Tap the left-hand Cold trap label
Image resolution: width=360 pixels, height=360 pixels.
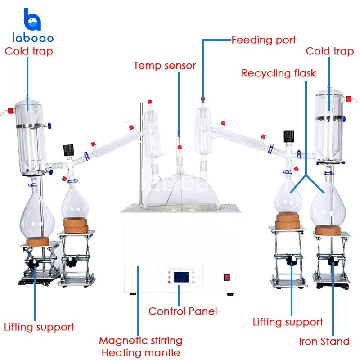point(29,51)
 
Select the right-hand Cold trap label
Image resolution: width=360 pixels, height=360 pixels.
point(330,51)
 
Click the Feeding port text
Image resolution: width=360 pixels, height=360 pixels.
point(264,40)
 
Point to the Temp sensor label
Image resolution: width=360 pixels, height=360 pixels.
point(165,66)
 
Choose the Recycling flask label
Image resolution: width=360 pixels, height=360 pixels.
point(279,73)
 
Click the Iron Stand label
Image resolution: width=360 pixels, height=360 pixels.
point(324,342)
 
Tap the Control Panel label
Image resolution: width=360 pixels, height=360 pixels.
point(183,311)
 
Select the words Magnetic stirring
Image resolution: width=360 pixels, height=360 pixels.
point(140,340)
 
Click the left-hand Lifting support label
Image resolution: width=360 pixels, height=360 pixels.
point(39,327)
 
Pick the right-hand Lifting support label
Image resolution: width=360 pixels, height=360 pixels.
point(288,322)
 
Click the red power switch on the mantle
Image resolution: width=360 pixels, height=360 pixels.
point(227,278)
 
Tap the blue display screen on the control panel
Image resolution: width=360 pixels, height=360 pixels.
point(179,278)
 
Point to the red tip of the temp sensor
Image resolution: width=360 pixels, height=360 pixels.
point(179,147)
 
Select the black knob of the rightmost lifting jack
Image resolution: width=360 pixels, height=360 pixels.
point(333,261)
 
